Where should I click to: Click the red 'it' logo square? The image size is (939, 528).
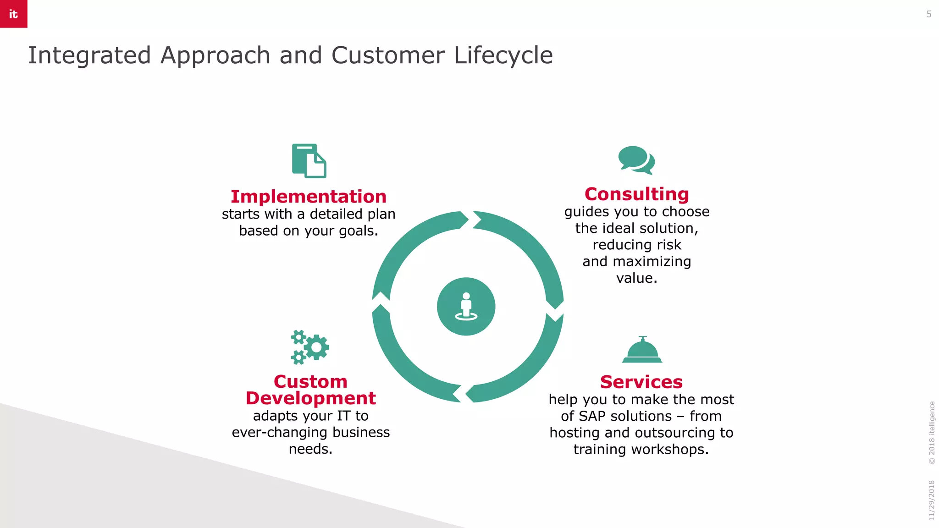point(13,14)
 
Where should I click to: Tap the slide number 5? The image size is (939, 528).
point(929,14)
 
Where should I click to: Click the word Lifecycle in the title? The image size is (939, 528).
point(503,55)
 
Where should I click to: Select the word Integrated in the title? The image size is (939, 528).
point(89,55)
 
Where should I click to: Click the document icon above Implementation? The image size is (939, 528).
point(309,161)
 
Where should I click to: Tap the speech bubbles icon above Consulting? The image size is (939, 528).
point(636,160)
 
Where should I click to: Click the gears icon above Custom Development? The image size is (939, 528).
point(310,347)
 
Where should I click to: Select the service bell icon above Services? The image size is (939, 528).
point(642,350)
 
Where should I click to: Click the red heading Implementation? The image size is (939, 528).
point(309,197)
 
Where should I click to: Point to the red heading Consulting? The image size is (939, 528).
point(636,194)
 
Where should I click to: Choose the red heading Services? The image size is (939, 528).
point(641,382)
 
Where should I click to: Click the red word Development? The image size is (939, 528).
point(310,398)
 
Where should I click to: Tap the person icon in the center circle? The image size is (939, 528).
point(466,306)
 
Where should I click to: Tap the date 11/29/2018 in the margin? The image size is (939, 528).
point(931,500)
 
